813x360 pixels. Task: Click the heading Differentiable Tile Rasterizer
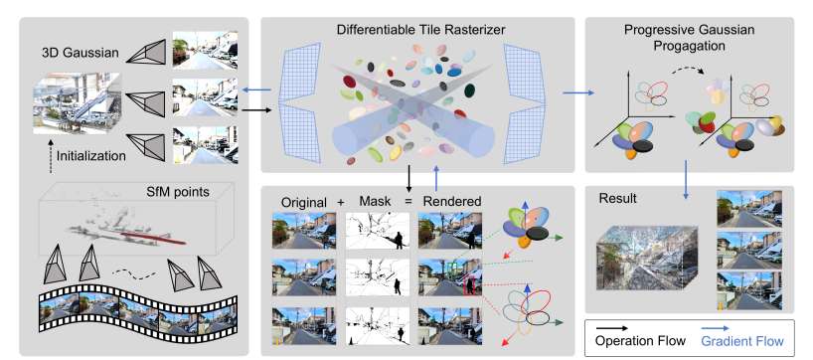pos(420,30)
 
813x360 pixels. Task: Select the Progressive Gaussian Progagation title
pos(689,38)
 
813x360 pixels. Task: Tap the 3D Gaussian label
pos(81,53)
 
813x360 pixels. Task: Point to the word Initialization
pos(91,155)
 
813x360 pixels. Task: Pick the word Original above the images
pos(304,202)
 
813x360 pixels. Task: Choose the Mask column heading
pos(375,202)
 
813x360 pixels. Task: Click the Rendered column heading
pos(451,202)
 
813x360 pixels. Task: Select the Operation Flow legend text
pos(640,341)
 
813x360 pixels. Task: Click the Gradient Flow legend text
pos(742,341)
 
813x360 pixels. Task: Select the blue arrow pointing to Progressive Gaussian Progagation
pos(578,93)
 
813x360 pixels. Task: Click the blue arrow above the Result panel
pos(686,179)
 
